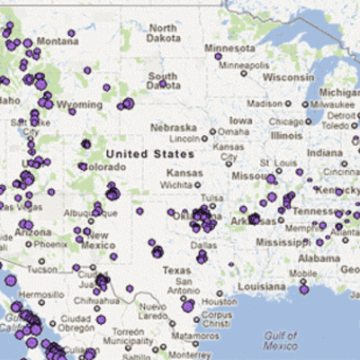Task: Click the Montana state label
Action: [58, 41]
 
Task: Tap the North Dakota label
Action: [163, 32]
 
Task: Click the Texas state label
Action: [177, 270]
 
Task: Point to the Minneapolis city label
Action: [237, 64]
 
